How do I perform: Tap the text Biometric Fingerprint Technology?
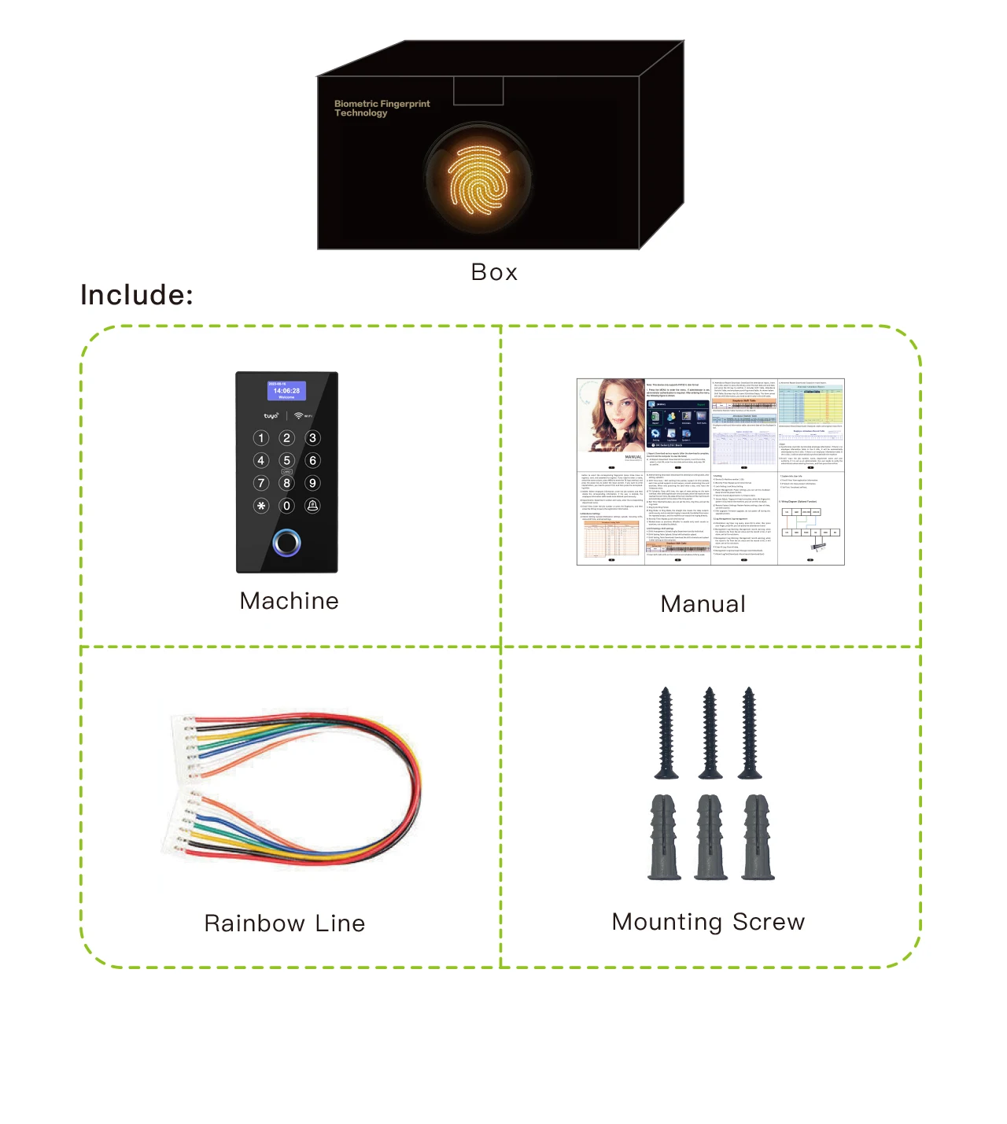click(x=382, y=109)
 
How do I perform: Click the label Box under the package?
click(x=494, y=272)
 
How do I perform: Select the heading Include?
click(x=137, y=295)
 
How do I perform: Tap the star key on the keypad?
click(x=261, y=506)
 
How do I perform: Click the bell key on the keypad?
click(x=312, y=506)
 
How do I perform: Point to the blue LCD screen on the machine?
click(x=286, y=391)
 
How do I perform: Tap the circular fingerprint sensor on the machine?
click(x=286, y=542)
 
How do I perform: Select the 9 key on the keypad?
click(x=312, y=483)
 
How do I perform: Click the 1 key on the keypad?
click(x=261, y=438)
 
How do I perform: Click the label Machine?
click(x=289, y=601)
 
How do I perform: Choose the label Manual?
click(x=703, y=604)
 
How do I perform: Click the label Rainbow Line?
click(x=284, y=923)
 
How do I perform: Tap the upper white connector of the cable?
click(x=184, y=747)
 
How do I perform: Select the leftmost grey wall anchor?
click(x=665, y=837)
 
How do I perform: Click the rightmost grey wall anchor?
click(x=758, y=837)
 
